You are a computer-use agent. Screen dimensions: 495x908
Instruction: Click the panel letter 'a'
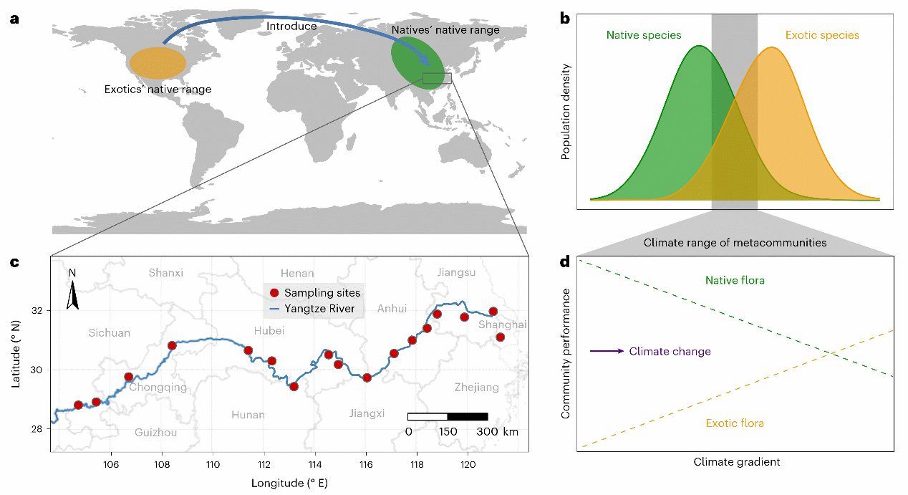coord(14,19)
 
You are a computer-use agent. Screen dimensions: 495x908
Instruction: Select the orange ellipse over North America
coord(158,63)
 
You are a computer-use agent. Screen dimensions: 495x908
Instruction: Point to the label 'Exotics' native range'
coord(158,90)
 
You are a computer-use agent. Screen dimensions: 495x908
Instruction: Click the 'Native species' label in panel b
coord(643,34)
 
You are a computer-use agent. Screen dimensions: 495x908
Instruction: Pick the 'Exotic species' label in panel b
coord(821,34)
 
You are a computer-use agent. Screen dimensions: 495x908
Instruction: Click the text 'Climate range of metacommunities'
coord(735,243)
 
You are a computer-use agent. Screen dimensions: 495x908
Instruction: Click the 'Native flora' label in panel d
coord(735,279)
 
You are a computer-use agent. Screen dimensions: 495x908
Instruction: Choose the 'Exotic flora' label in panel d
coord(735,423)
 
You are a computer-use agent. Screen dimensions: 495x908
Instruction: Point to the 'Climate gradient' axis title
coord(737,462)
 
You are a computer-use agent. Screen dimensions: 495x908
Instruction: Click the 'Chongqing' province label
coord(158,388)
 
